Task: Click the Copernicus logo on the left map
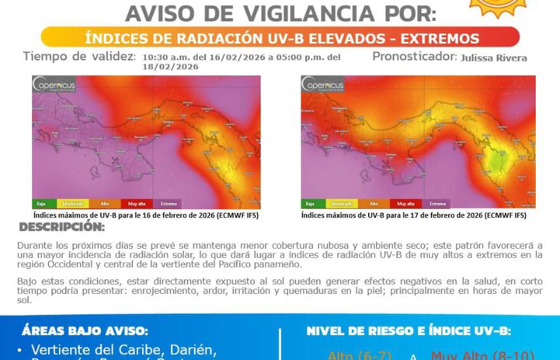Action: (55, 86)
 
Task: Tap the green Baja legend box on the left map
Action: (44, 204)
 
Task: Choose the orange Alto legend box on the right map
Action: (373, 204)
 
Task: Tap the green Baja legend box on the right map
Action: (314, 204)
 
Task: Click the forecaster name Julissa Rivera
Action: (494, 58)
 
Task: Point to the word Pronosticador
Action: (414, 56)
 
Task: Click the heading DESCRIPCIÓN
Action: (62, 227)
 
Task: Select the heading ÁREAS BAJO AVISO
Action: (84, 331)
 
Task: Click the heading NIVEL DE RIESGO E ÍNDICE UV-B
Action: (409, 331)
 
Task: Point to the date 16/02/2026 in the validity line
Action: (233, 57)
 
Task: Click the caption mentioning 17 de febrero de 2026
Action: (414, 215)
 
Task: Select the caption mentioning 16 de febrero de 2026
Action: (145, 215)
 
